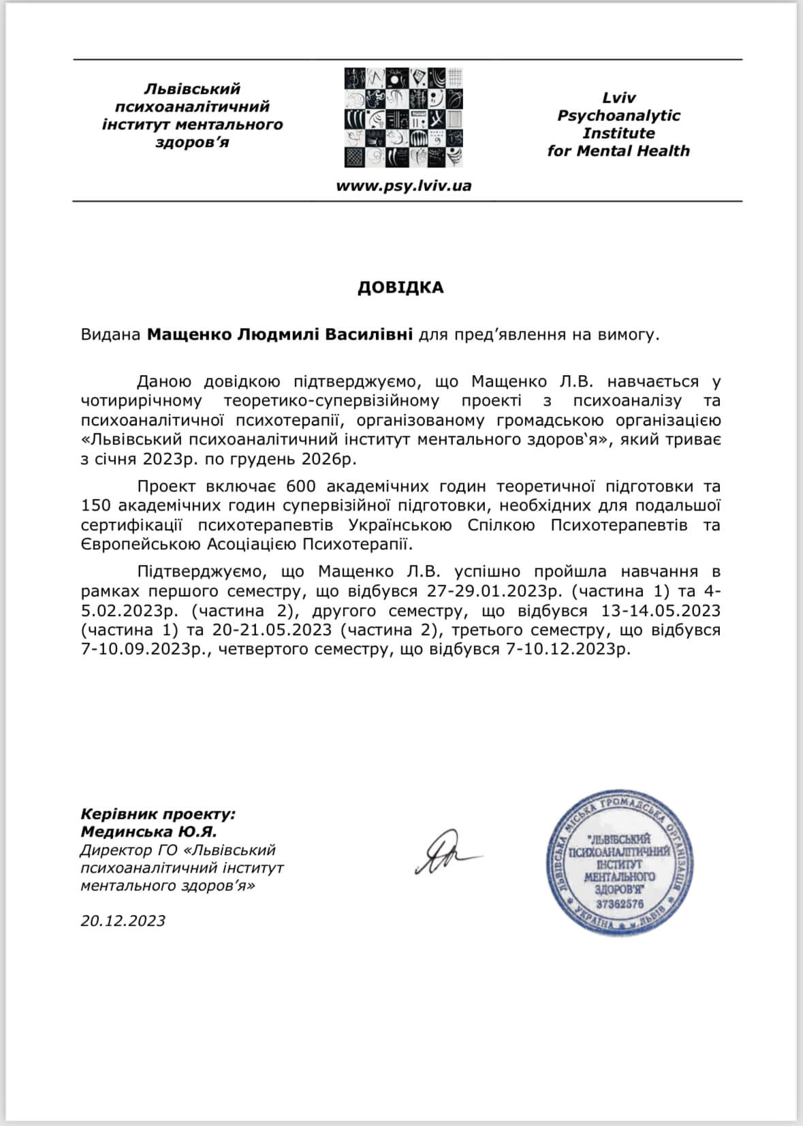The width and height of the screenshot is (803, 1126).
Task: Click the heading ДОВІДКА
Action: [400, 287]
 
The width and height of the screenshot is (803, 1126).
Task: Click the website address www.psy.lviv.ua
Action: [403, 186]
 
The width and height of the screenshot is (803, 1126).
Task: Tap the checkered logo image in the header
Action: [403, 117]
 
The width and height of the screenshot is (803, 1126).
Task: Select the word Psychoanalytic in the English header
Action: [618, 115]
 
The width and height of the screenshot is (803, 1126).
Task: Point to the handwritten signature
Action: [445, 853]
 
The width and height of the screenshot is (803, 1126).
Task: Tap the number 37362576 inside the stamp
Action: [619, 905]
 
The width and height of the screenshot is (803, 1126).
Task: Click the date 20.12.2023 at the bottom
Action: [123, 920]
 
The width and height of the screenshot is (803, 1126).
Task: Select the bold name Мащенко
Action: [189, 335]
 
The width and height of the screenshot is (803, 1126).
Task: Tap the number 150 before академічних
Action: [95, 506]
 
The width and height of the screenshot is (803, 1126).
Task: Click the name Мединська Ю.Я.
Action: [148, 832]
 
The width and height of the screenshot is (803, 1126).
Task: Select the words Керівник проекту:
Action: [158, 814]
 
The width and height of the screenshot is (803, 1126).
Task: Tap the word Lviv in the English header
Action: [618, 97]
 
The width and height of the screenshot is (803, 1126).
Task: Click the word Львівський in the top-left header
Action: [193, 89]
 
